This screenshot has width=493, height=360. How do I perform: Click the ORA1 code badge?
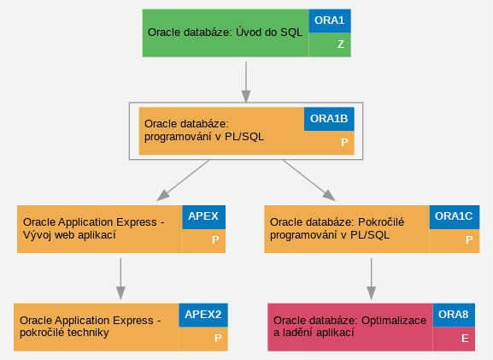click(330, 21)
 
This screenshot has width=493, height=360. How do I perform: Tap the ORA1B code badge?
click(329, 119)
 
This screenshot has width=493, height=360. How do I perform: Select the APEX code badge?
click(203, 217)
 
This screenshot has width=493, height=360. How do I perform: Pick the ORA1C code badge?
click(454, 217)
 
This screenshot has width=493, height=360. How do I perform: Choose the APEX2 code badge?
click(203, 315)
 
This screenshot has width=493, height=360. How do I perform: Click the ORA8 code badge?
click(454, 315)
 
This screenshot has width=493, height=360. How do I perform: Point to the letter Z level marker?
click(341, 44)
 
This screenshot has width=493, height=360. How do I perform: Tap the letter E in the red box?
click(465, 339)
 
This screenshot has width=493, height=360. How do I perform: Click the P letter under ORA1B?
click(344, 143)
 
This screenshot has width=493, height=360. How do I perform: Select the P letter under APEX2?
click(218, 339)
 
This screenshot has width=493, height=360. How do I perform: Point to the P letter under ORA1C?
click(469, 240)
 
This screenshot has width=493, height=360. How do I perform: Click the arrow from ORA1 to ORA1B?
click(246, 82)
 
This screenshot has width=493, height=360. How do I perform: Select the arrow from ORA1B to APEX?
click(183, 180)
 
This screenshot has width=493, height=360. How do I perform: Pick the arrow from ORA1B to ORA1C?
click(309, 180)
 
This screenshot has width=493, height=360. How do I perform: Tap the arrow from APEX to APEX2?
click(120, 279)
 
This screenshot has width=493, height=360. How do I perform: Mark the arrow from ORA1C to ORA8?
click(372, 279)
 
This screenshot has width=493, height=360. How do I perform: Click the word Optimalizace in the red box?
click(394, 321)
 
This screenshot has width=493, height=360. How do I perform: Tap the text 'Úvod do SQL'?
click(269, 32)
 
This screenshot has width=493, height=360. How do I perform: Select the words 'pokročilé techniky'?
click(64, 333)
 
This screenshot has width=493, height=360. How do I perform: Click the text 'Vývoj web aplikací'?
click(69, 235)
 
